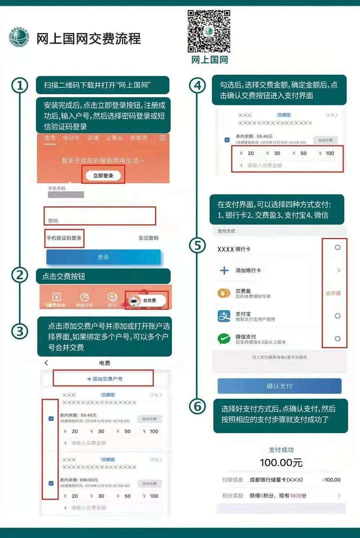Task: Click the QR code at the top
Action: [209, 31]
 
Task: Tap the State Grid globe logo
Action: [19, 37]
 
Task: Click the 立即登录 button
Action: [103, 176]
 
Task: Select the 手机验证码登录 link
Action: [64, 238]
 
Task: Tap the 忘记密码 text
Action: [149, 238]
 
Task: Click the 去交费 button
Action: [147, 300]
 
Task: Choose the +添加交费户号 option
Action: [105, 379]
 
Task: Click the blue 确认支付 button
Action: [279, 386]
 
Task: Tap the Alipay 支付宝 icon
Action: [224, 316]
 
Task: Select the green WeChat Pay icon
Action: [224, 339]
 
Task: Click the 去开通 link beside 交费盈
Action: [333, 293]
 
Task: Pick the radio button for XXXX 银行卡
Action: [338, 248]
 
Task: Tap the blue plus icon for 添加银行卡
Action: [224, 270]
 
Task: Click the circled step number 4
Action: [197, 86]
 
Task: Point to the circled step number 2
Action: [20, 275]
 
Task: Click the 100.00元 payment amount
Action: [281, 463]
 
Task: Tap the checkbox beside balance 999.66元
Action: [51, 483]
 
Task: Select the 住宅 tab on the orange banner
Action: [50, 138]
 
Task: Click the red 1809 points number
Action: [295, 496]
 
